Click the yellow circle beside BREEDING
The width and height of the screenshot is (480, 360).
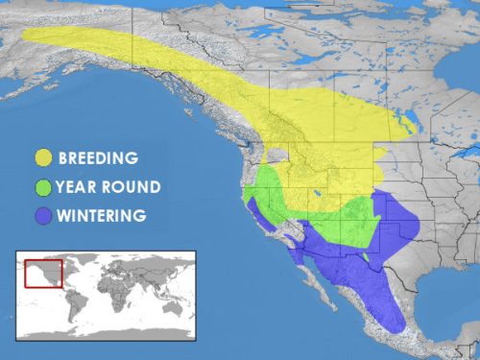[x=44, y=157]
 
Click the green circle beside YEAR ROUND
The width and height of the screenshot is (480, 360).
[x=44, y=186]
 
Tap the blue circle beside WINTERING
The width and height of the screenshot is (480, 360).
[x=44, y=215]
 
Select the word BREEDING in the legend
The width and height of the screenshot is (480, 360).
[x=99, y=157]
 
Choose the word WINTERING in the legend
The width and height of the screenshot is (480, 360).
[x=104, y=215]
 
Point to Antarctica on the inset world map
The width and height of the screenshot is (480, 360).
[x=106, y=332]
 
